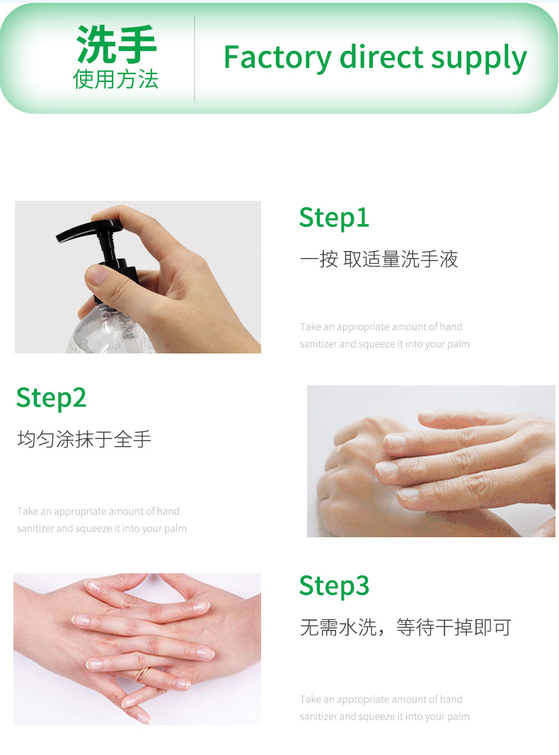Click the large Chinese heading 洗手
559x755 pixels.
[116, 45]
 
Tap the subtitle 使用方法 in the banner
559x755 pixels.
[115, 79]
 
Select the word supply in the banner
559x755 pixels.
[479, 59]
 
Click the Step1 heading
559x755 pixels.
[334, 218]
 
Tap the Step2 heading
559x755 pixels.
[51, 398]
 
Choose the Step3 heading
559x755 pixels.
[334, 586]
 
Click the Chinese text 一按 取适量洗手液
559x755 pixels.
[379, 259]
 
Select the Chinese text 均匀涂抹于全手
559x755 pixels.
[84, 439]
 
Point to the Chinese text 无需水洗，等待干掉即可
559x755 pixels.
[405, 628]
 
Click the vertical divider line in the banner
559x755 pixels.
[194, 59]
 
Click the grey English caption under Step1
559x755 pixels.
[384, 336]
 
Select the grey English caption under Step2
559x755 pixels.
[102, 520]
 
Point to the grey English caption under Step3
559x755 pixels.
[384, 708]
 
